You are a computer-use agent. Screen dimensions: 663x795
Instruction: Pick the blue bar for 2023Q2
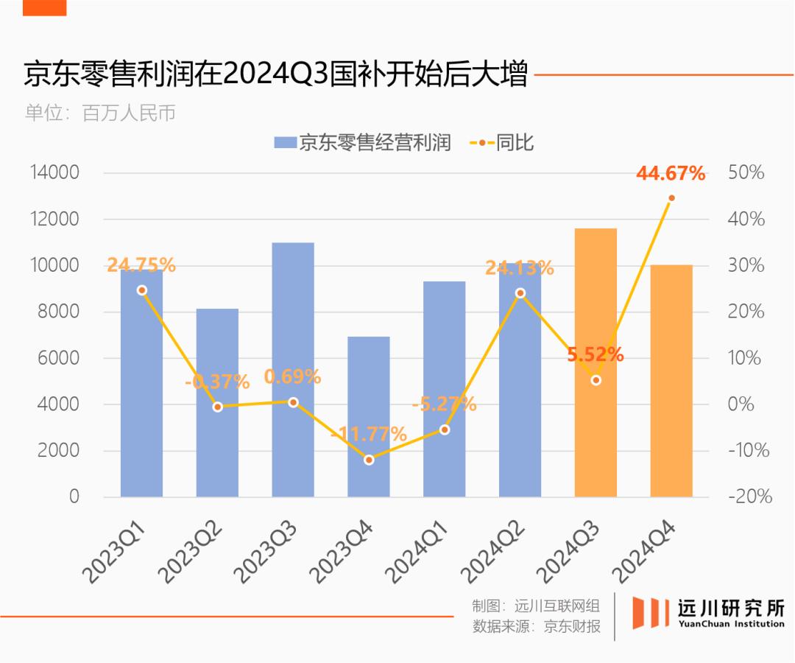click(x=217, y=413)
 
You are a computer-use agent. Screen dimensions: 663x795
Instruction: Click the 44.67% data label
click(x=671, y=175)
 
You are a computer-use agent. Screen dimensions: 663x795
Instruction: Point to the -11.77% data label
click(x=369, y=434)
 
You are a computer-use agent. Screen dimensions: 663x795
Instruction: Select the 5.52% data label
click(x=596, y=355)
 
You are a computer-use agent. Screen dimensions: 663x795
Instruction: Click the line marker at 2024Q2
click(x=520, y=293)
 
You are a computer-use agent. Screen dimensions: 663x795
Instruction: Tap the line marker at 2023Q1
click(x=142, y=290)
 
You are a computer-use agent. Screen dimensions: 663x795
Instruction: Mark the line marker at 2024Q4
click(x=671, y=198)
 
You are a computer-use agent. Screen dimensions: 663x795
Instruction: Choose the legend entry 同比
click(x=502, y=143)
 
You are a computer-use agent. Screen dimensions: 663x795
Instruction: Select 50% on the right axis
click(x=746, y=173)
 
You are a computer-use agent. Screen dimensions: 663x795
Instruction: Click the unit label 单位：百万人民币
click(x=100, y=113)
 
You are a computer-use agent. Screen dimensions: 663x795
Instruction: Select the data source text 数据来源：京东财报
click(x=536, y=627)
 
